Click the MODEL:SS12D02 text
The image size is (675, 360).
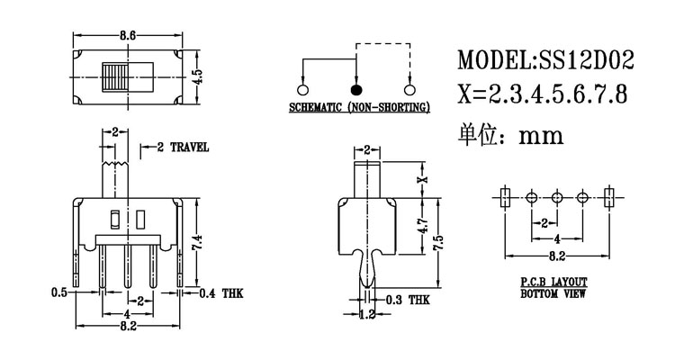[545, 61]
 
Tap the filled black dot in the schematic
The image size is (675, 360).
[357, 90]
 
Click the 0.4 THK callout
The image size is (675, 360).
[220, 292]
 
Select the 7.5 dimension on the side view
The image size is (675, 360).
[438, 243]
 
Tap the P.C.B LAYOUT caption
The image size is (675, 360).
[554, 282]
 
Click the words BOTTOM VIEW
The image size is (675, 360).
[554, 293]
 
